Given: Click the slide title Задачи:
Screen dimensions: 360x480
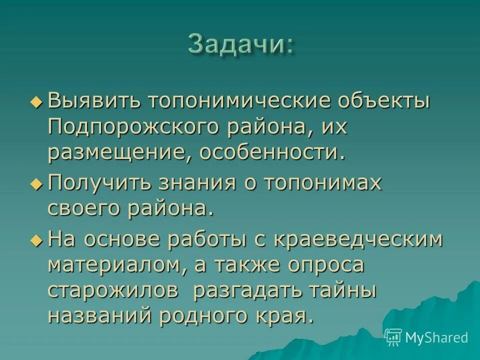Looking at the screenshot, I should (240, 44).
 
